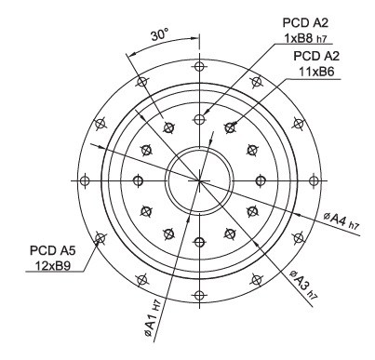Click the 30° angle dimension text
click(x=160, y=34)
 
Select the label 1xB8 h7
click(x=305, y=38)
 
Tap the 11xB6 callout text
click(x=316, y=72)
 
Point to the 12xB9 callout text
click(x=52, y=266)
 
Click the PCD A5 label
click(x=52, y=250)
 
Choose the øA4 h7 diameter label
click(x=342, y=220)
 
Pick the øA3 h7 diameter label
click(x=303, y=285)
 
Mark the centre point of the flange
click(x=199, y=180)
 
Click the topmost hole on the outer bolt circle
click(x=199, y=66)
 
